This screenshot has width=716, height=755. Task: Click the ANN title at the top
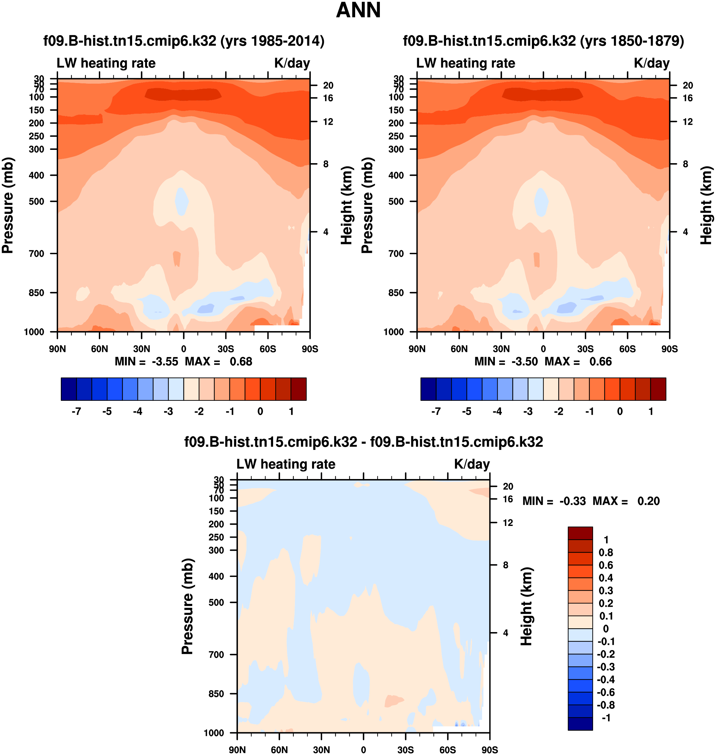coord(358,10)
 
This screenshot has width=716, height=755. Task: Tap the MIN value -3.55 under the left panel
coord(165,362)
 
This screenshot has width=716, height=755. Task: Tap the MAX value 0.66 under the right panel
coord(600,362)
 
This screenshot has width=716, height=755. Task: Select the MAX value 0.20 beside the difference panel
coord(649,501)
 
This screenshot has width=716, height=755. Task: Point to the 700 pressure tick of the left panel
coord(37,253)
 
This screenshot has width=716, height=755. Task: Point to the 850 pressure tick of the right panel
coord(396,293)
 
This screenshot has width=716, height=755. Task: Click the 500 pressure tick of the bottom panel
coord(216,602)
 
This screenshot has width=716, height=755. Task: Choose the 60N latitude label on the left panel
coord(99,349)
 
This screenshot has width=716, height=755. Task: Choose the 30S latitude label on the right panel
coord(585,349)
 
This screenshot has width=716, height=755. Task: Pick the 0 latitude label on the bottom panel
coord(363,750)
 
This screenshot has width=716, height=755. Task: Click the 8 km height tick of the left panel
coord(326,164)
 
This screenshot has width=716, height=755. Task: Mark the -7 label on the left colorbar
coord(76,412)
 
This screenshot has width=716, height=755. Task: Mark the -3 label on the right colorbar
coord(528,412)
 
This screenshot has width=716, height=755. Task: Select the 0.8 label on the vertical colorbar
coord(606,553)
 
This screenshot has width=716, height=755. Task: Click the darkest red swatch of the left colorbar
coord(298,389)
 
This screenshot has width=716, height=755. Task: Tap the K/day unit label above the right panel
coord(651,63)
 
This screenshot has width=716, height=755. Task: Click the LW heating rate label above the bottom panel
coord(286,464)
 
